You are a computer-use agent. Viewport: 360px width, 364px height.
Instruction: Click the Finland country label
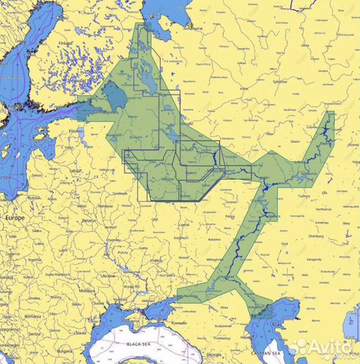tap(65, 42)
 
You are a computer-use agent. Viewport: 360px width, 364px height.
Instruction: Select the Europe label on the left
tap(15, 219)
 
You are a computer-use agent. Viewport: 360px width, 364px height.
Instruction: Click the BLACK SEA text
tap(144, 344)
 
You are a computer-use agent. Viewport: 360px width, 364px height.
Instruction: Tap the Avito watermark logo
tap(324, 348)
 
